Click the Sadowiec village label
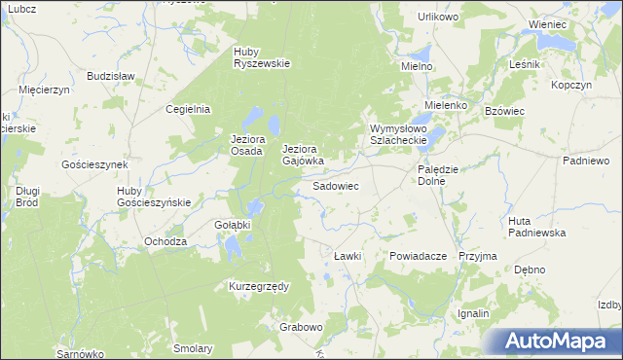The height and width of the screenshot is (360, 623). (336, 185)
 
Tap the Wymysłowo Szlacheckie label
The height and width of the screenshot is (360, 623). (399, 134)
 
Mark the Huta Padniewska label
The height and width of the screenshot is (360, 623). (536, 227)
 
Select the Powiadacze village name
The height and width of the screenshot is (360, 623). (417, 255)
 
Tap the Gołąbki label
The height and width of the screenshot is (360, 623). (233, 225)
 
